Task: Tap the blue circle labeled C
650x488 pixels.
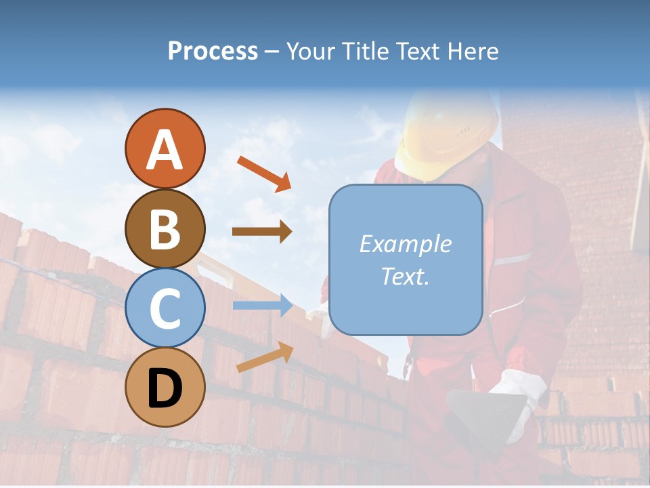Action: click(x=165, y=308)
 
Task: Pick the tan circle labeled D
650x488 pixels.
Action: click(x=165, y=387)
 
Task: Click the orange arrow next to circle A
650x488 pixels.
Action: click(x=264, y=173)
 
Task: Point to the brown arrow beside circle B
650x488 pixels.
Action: click(x=262, y=232)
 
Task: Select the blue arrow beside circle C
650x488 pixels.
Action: click(x=262, y=306)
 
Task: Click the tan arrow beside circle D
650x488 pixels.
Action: click(x=265, y=357)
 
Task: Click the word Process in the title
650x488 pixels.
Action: click(x=213, y=52)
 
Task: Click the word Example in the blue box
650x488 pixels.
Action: click(x=405, y=244)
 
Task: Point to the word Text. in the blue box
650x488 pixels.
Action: click(x=405, y=276)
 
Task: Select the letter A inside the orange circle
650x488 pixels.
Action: click(x=165, y=150)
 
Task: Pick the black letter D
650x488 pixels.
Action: click(x=165, y=388)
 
